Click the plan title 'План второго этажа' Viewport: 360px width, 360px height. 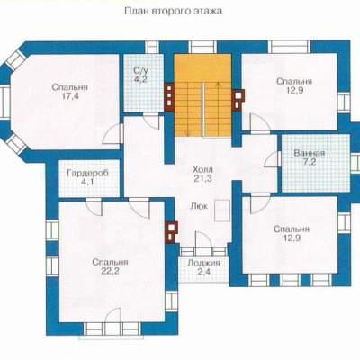tap(173, 12)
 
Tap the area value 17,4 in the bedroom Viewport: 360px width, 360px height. tap(69, 96)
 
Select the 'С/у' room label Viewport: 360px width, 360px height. tap(140, 71)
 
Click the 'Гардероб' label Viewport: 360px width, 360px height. tap(87, 174)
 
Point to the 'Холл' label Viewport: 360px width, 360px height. tap(203, 169)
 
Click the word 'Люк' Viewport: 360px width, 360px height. tap(199, 206)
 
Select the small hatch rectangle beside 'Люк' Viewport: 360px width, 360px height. tap(222, 210)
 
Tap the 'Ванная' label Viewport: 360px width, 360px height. tap(310, 153)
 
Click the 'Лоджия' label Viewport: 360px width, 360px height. tap(203, 263)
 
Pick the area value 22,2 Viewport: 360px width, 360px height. tap(110, 271)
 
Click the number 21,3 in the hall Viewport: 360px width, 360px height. tap(203, 178)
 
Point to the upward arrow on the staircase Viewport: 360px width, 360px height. tap(219, 109)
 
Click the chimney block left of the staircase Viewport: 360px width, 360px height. tap(169, 95)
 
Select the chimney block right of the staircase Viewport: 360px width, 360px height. tap(239, 100)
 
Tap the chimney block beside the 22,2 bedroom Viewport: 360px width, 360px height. tap(171, 232)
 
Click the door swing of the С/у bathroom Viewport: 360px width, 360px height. tap(151, 121)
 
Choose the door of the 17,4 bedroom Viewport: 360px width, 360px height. tap(112, 134)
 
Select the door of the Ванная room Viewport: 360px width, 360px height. tap(273, 158)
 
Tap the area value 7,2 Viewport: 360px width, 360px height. tap(310, 163)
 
